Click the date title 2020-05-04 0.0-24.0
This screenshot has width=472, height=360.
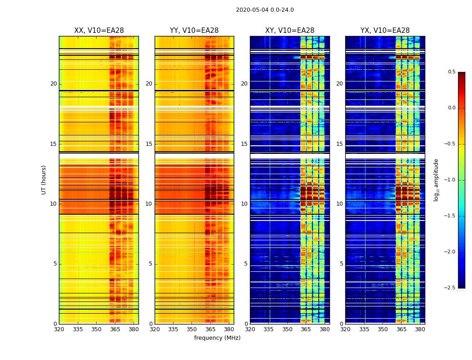(x=265, y=10)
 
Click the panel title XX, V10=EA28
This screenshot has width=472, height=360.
(x=99, y=31)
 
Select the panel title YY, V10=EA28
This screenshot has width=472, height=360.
(x=194, y=31)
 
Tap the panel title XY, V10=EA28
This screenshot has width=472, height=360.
(x=290, y=31)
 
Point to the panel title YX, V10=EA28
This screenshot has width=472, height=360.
(x=385, y=31)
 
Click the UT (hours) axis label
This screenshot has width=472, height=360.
(x=44, y=180)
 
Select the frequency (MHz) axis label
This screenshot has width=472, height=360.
(x=217, y=338)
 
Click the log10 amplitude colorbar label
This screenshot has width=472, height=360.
(x=436, y=180)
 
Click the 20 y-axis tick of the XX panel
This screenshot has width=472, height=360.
(x=53, y=84)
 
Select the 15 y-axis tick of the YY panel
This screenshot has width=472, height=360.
(x=149, y=144)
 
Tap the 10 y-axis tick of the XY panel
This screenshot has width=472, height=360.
(x=245, y=204)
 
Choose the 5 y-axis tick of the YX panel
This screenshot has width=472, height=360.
(x=342, y=264)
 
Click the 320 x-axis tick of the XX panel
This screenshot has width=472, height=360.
(x=59, y=329)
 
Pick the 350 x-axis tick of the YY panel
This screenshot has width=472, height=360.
(x=192, y=329)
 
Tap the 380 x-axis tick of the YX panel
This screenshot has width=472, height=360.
(x=420, y=329)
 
